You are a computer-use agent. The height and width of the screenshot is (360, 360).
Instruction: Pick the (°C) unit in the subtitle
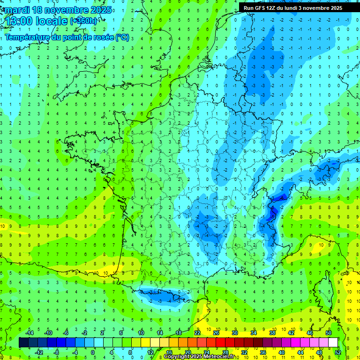coord(122,37)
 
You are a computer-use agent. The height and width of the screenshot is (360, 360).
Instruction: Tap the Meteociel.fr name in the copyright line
coord(217,357)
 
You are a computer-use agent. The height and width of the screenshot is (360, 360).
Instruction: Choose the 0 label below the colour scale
coord(93,352)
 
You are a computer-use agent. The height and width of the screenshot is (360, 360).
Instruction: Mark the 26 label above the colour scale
coord(216,333)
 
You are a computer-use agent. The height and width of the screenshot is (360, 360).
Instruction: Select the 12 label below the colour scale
coord(150,352)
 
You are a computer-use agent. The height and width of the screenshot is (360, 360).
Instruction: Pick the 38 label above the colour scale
coord(272,333)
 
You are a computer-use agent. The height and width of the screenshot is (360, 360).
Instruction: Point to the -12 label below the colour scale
coord(39,352)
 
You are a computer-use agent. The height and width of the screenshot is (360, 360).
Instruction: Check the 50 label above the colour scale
coord(329,333)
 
